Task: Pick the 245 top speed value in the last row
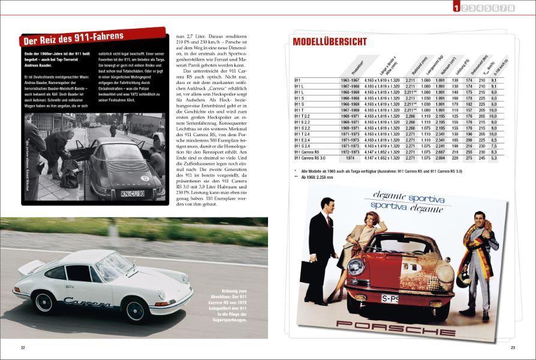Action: click(x=481, y=158)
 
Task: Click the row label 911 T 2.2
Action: click(x=303, y=116)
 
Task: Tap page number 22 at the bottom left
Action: click(x=23, y=347)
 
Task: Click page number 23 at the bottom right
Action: click(x=513, y=347)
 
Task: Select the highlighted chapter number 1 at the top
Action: click(x=457, y=8)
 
